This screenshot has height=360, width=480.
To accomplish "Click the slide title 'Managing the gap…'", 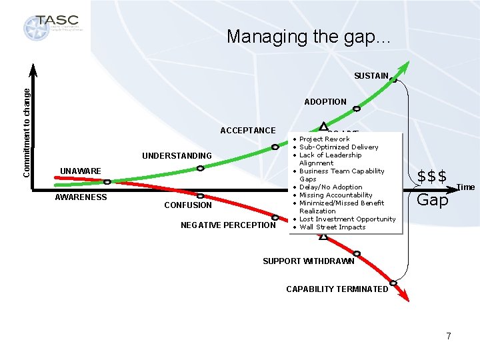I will click(x=309, y=36).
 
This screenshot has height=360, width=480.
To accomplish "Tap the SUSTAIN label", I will click(x=371, y=76).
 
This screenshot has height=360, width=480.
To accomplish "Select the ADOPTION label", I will click(x=325, y=102).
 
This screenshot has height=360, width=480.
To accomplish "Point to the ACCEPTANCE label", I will click(x=247, y=131).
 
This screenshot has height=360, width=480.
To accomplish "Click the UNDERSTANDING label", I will click(x=177, y=156).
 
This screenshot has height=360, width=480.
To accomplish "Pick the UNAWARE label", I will click(x=81, y=171).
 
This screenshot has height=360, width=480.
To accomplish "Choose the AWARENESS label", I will click(x=81, y=197).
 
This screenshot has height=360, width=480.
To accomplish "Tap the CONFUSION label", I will click(x=188, y=205).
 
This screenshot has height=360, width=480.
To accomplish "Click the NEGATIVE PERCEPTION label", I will click(x=228, y=225).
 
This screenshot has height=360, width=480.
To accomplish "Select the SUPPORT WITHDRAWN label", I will click(x=309, y=261).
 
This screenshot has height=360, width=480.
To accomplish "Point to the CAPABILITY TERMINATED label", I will click(x=337, y=289).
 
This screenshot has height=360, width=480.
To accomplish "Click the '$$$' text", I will click(x=431, y=177).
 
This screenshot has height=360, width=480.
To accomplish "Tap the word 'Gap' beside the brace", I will click(x=432, y=200).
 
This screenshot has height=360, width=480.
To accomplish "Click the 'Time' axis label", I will click(x=465, y=187).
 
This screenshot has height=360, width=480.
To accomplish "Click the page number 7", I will click(x=449, y=336).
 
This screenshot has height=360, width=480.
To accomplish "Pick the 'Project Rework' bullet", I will click(x=324, y=139).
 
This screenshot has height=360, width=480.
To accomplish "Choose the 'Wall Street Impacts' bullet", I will click(x=332, y=227).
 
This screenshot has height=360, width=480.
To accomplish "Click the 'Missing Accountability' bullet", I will click(x=335, y=195).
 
